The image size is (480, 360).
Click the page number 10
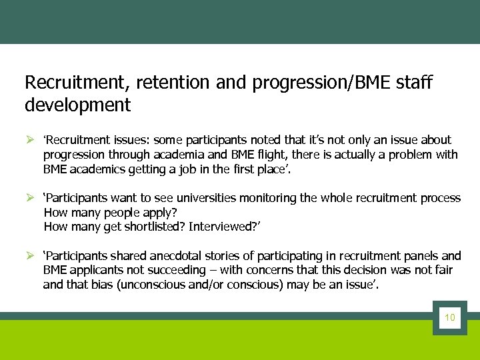pos(449,317)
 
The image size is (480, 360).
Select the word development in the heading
pos(77,105)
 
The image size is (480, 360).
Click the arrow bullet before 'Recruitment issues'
pos(29,141)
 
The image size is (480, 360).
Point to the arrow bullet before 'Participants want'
pos(29,199)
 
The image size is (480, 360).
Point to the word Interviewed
pos(220,227)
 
